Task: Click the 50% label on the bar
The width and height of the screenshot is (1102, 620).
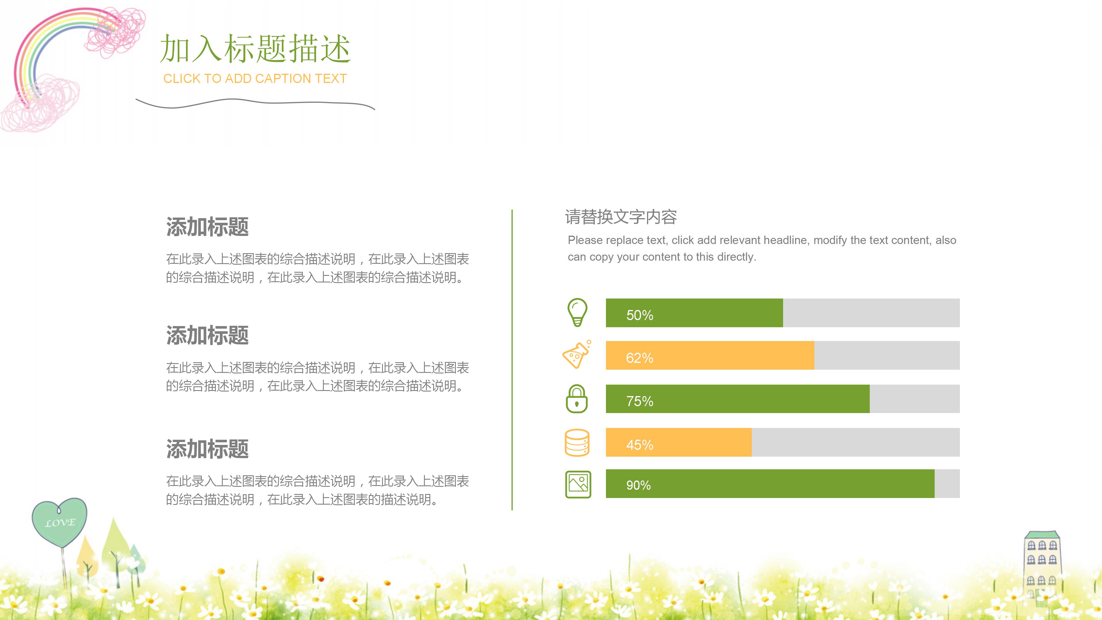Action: click(640, 315)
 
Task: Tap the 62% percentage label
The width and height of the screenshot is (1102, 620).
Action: click(640, 358)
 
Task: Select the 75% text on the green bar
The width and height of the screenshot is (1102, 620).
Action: click(640, 401)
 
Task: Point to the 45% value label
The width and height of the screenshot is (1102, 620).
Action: click(640, 445)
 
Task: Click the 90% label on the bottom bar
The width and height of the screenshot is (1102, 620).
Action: click(638, 485)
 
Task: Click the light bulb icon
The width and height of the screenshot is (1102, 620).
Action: click(577, 312)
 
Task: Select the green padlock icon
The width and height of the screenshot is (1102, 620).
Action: click(577, 399)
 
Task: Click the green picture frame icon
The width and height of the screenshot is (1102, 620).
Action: click(578, 484)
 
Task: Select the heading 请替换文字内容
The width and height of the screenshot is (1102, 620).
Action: click(621, 217)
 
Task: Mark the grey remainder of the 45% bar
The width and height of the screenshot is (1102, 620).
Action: click(856, 442)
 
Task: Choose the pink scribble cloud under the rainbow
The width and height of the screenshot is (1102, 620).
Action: click(41, 105)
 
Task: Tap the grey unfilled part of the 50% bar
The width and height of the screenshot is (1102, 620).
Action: click(871, 313)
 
